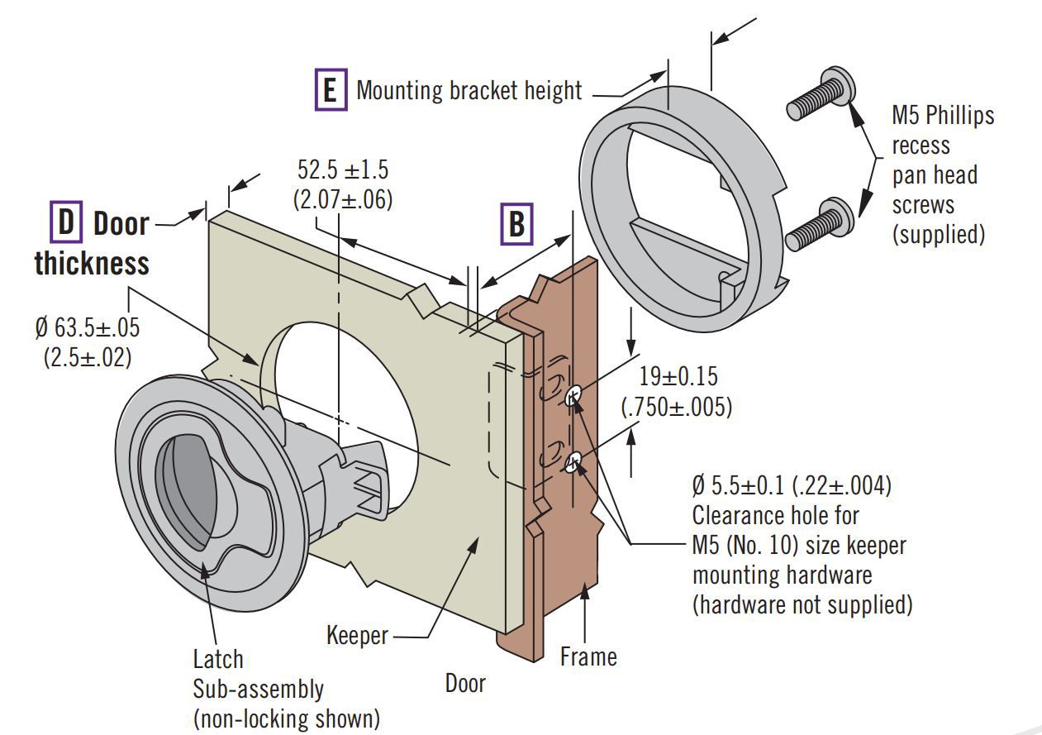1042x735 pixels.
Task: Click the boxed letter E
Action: (x=330, y=89)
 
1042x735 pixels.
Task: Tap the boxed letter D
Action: (x=65, y=223)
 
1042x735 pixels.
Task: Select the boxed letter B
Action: (x=516, y=223)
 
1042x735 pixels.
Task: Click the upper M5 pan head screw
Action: (x=820, y=93)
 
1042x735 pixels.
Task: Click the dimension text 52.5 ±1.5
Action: (x=343, y=170)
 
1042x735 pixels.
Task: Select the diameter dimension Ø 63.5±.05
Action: (x=88, y=327)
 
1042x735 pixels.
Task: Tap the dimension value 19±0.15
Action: (x=678, y=377)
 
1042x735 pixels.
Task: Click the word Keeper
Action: (x=357, y=636)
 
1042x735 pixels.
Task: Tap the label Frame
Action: (x=588, y=657)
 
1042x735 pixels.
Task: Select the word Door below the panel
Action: (x=465, y=684)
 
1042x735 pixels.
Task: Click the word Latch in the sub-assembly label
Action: (x=218, y=660)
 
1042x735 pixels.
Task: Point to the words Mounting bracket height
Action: (x=469, y=90)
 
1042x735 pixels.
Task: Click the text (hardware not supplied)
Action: (x=802, y=604)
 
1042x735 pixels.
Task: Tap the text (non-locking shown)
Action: (x=287, y=718)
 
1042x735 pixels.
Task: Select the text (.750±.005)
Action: (x=676, y=408)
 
